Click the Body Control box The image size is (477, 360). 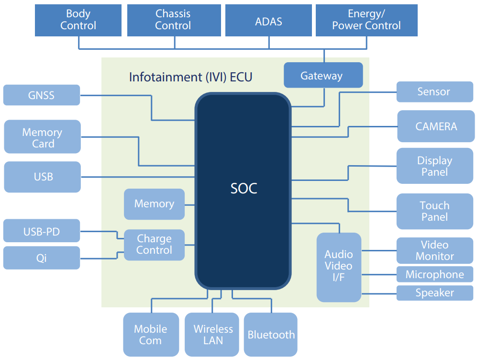78,20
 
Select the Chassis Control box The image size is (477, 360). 174,20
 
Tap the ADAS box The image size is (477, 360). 268,20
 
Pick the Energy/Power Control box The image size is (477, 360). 366,20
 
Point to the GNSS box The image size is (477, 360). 42,95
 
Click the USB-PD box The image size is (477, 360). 42,232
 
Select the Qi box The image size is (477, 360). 42,258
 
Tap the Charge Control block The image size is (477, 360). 154,245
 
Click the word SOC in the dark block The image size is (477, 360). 244,188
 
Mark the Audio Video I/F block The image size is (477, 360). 339,267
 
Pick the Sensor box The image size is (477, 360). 434,91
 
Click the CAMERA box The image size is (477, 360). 435,126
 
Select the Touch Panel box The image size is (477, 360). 434,211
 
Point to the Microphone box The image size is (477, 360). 434,274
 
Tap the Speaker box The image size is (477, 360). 434,292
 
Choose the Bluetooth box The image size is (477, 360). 271,335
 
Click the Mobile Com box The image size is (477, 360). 150,335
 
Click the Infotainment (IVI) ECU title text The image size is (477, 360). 190,77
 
